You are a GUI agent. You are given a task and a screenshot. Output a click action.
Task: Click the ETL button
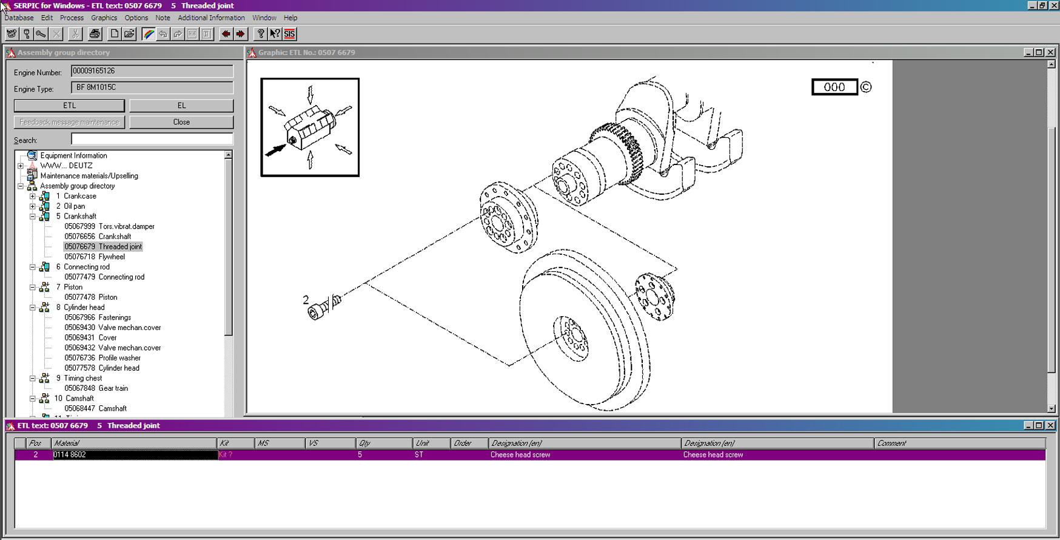69,106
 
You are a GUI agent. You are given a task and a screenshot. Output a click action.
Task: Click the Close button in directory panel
181,122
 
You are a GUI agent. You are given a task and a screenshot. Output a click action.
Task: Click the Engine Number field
152,71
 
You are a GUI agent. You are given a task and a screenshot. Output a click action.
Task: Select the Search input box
152,139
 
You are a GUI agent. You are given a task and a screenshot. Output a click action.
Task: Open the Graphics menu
104,18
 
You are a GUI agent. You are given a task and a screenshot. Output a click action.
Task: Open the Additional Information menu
211,18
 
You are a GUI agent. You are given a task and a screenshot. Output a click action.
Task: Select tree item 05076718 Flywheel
95,257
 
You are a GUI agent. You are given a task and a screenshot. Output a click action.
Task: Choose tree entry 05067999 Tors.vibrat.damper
110,226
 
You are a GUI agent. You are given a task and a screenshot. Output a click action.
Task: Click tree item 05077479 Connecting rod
104,277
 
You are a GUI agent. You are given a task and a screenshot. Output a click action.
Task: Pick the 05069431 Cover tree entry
90,337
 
